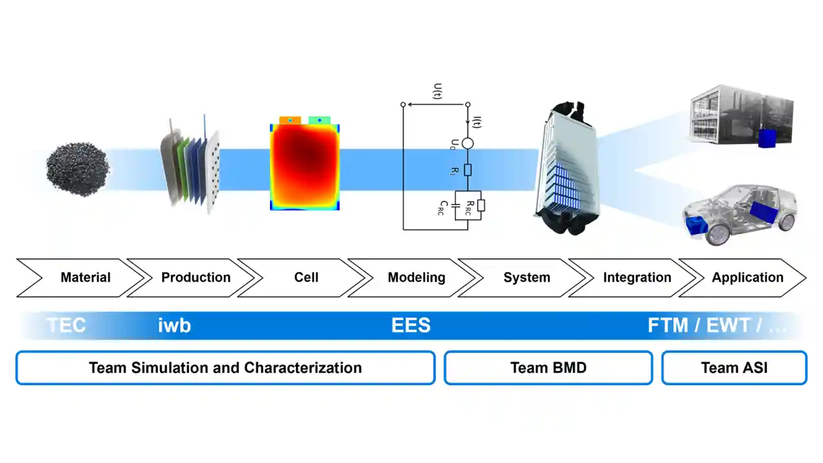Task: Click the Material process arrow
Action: click(86, 278)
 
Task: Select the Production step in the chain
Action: click(195, 278)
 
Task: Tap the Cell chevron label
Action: click(306, 278)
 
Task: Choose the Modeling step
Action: click(416, 278)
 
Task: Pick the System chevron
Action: click(527, 278)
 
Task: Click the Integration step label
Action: click(637, 278)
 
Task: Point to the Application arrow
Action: click(747, 278)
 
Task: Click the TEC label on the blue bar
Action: click(66, 325)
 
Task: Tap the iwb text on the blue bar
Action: click(174, 325)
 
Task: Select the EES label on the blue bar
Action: click(411, 325)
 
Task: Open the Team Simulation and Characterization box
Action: click(225, 368)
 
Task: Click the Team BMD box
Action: click(548, 368)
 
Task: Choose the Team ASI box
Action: click(734, 368)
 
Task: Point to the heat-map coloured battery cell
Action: click(305, 165)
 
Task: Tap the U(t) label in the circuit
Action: click(438, 91)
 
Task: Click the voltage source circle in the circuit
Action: click(467, 143)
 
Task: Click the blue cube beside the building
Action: click(767, 138)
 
